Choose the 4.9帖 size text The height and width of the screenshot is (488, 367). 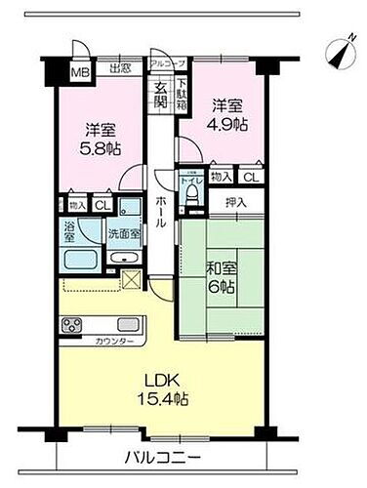tap(224, 122)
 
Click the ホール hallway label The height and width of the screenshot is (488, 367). tap(160, 211)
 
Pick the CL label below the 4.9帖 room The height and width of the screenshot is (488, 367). tap(250, 177)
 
